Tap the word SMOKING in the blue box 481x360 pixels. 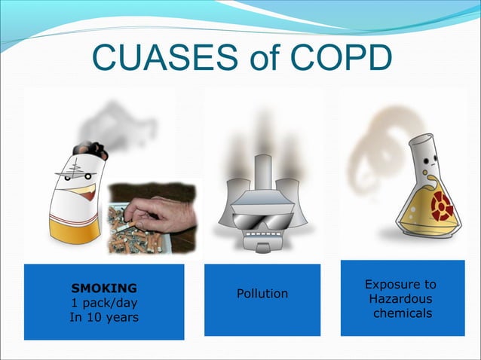104,288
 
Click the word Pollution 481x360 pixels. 262,293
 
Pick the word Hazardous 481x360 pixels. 400,299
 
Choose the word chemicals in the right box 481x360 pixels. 403,313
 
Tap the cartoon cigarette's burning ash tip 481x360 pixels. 93,151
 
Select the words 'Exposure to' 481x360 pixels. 400,285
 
